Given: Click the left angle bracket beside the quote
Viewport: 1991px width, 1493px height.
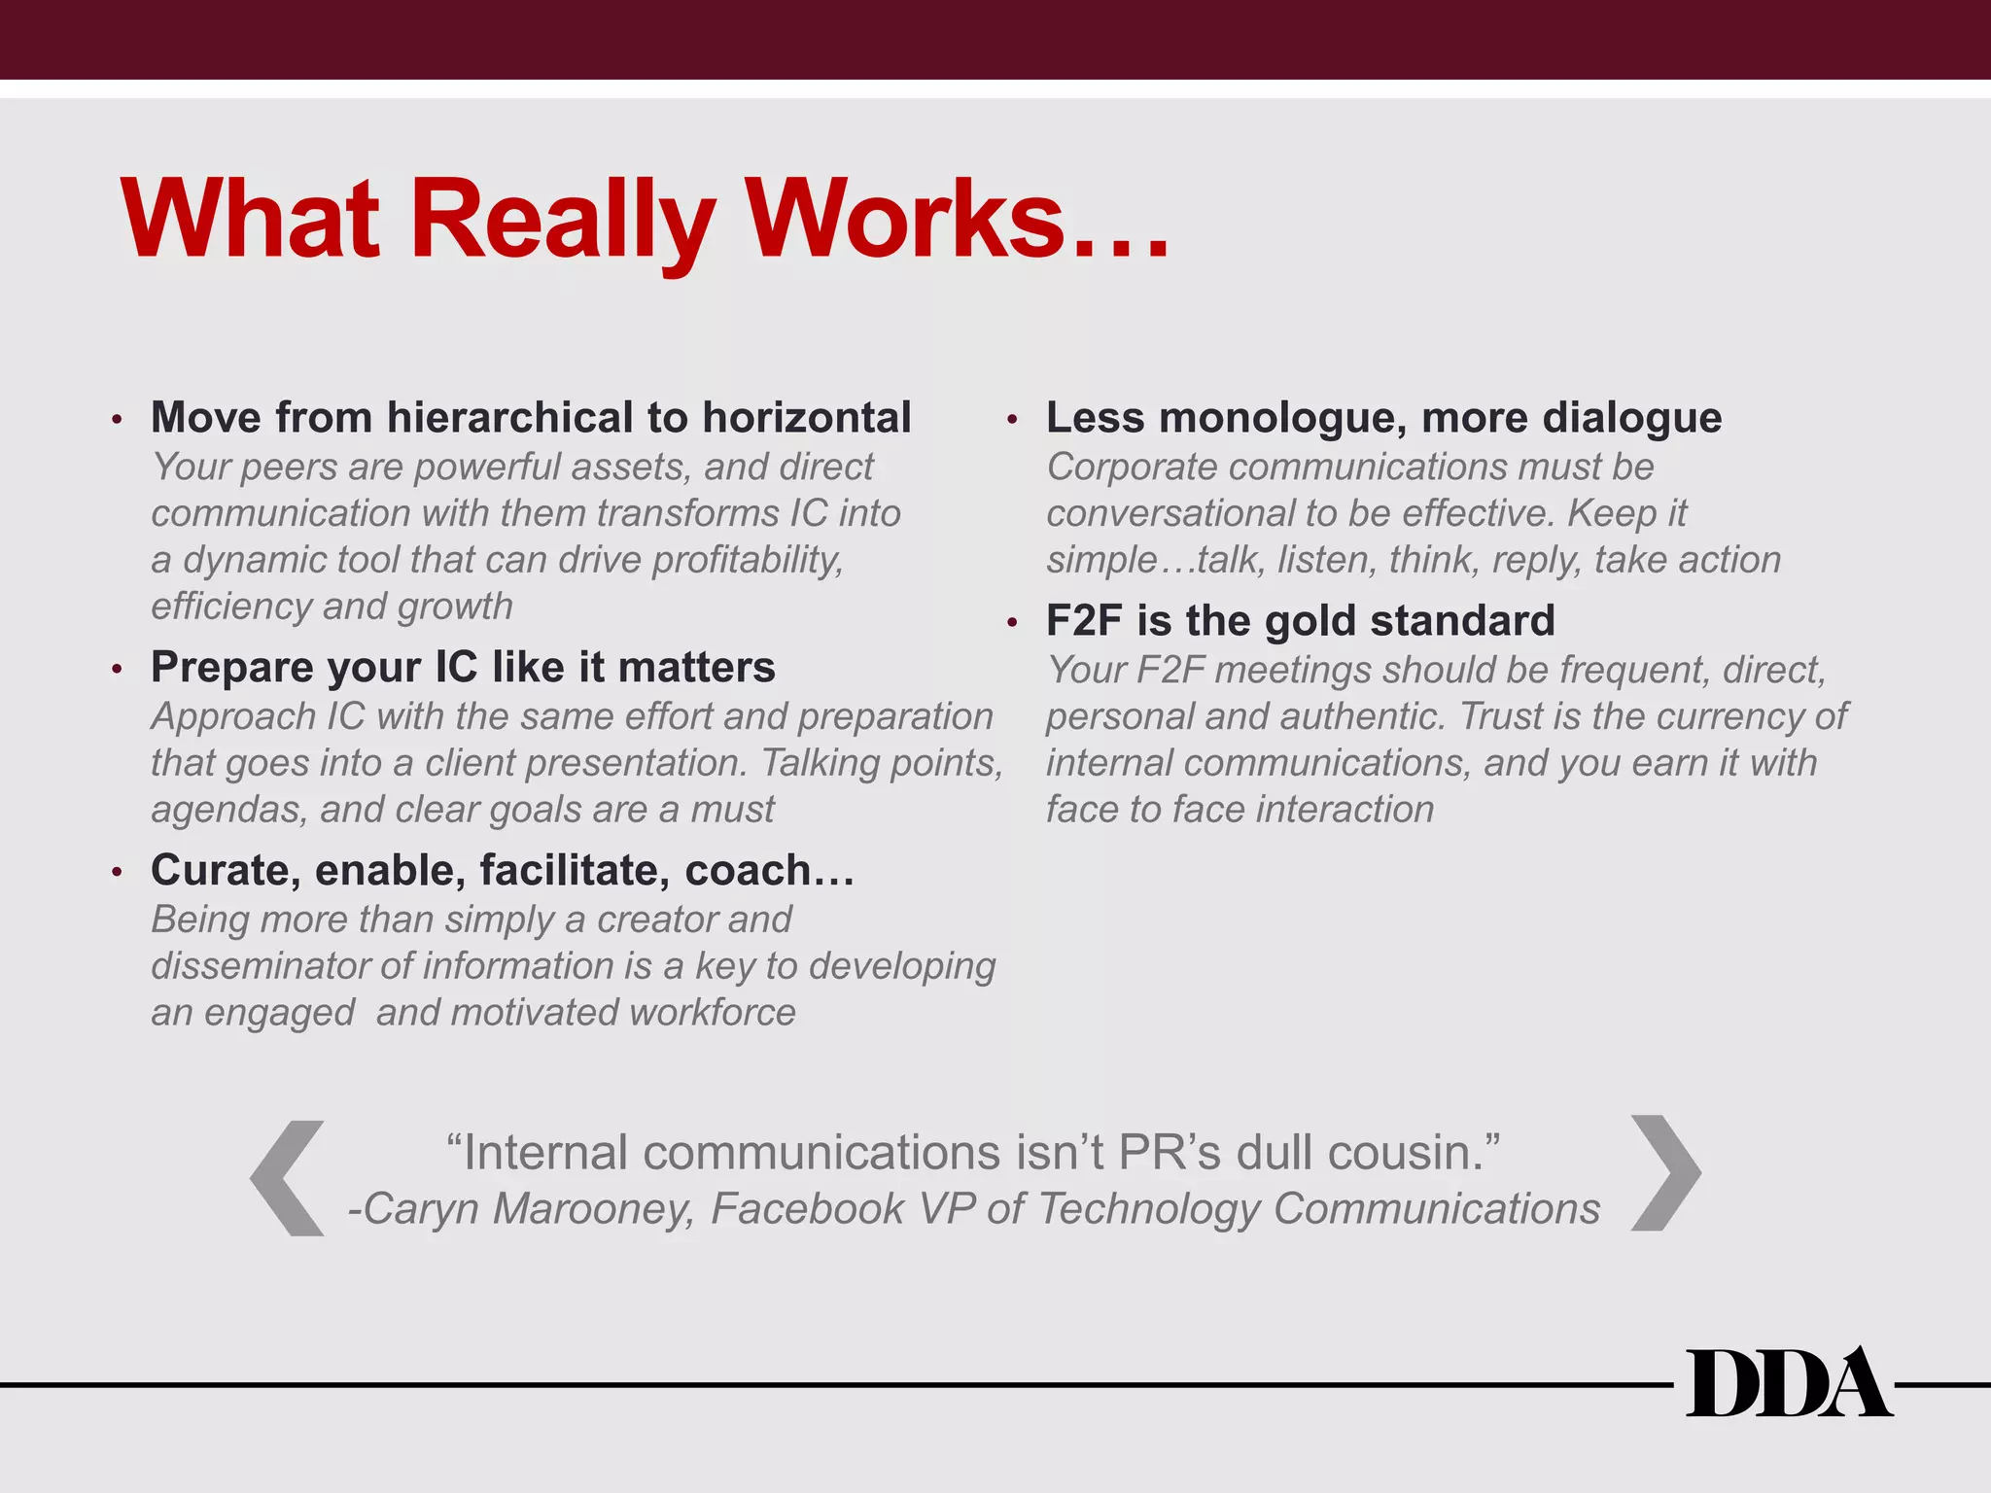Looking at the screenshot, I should click(288, 1178).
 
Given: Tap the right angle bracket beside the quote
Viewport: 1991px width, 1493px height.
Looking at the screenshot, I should click(1665, 1173).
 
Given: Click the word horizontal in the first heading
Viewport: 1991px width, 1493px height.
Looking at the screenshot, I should click(806, 418).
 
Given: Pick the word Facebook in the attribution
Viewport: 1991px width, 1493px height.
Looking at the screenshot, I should click(807, 1209).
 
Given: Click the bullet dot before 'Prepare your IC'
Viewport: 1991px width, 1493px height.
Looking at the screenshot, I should click(117, 670).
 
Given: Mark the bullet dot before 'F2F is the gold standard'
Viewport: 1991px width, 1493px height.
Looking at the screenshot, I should click(1012, 622).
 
